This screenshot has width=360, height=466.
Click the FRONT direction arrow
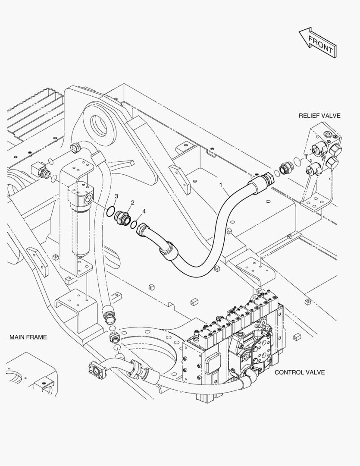click(317, 42)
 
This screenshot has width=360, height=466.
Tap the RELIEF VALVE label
click(319, 116)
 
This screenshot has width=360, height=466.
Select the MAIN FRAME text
click(28, 337)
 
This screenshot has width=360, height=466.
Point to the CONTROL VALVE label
click(299, 372)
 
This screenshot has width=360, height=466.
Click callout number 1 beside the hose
click(221, 185)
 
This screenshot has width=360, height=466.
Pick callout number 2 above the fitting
click(132, 203)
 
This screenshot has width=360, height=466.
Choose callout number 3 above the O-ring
click(116, 196)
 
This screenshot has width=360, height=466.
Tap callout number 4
click(144, 211)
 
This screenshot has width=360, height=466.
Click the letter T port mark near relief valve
click(306, 157)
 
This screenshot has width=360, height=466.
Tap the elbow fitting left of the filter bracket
click(39, 170)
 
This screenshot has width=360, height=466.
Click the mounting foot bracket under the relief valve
click(316, 202)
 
